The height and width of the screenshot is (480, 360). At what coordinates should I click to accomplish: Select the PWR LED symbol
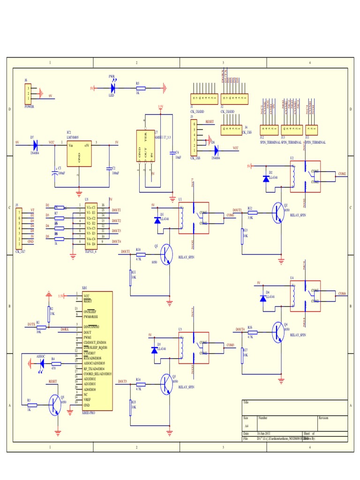pos(113,88)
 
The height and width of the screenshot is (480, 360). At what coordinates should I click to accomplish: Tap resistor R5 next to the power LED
pos(140,88)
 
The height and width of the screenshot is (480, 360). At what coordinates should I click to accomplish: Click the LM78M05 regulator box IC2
pos(79,154)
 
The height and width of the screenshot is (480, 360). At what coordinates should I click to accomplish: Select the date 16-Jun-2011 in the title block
pos(265,434)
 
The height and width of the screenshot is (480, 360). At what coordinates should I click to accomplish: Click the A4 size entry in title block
pos(247,426)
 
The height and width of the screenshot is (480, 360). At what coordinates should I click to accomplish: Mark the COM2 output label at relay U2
pos(342,173)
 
